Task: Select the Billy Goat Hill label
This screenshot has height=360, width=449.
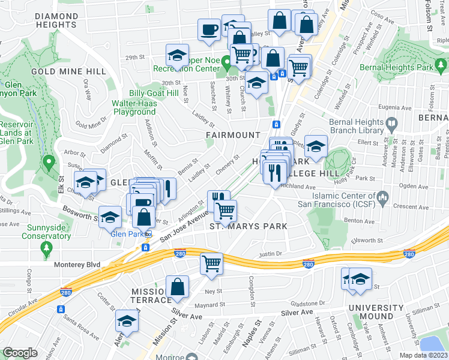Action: pos(154,93)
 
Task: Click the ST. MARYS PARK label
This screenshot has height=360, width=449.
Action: pos(248,226)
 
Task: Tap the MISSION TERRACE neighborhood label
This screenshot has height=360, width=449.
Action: pos(151,295)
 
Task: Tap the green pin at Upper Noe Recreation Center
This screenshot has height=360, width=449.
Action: pos(225,62)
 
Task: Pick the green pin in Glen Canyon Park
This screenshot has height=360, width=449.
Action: pos(49,162)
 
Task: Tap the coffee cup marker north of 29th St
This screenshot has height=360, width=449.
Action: pos(209,29)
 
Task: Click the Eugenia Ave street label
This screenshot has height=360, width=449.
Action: pos(394,107)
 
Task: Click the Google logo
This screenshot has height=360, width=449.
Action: pos(20,353)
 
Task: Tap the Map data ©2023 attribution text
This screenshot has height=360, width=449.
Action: pos(423,355)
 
